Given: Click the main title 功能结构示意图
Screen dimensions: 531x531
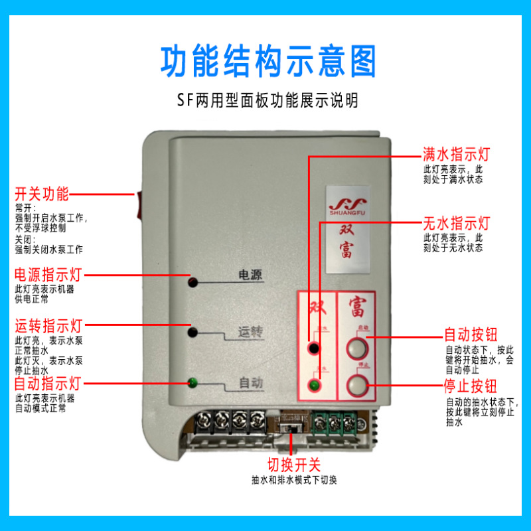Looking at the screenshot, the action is [x=268, y=61].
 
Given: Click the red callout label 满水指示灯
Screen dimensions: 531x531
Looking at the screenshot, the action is [x=456, y=155].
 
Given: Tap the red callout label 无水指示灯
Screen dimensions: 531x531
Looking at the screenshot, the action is [x=456, y=222].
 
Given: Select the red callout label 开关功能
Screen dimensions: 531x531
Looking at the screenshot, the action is [x=42, y=194].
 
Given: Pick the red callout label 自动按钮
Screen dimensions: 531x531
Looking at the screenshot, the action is [x=471, y=335].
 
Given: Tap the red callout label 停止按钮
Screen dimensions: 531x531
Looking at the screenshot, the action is [x=471, y=386].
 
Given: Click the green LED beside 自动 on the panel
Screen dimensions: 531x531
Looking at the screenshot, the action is [x=192, y=382].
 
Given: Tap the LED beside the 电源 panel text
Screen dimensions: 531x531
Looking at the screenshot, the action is [x=192, y=282].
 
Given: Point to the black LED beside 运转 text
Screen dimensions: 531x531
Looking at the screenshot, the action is [x=192, y=331].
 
